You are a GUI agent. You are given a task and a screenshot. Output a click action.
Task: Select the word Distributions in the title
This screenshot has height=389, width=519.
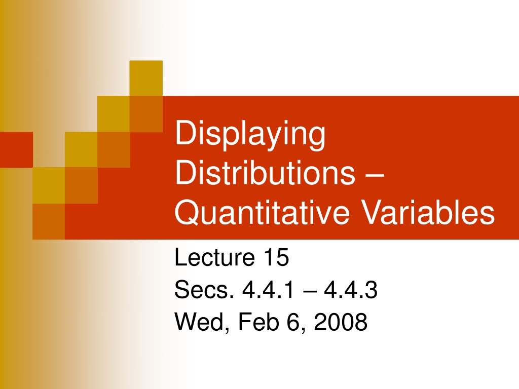[265, 172]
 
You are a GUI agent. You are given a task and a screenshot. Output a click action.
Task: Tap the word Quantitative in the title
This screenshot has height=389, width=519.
[262, 212]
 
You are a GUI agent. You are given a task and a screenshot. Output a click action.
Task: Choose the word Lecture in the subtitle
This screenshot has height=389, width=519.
[214, 257]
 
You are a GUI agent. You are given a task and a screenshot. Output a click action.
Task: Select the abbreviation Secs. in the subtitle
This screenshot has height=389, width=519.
[204, 289]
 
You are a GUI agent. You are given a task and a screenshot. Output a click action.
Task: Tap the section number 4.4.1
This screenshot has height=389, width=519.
[268, 289]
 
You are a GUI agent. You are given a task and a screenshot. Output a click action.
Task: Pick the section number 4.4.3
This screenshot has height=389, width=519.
[351, 289]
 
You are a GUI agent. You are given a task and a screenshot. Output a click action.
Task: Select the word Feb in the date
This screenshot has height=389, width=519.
[258, 322]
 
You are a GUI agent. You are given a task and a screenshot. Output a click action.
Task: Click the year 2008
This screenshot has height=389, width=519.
[341, 322]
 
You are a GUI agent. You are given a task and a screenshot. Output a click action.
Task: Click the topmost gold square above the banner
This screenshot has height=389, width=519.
[146, 79]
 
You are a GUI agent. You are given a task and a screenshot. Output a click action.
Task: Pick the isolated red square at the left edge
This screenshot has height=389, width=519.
[16, 149]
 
